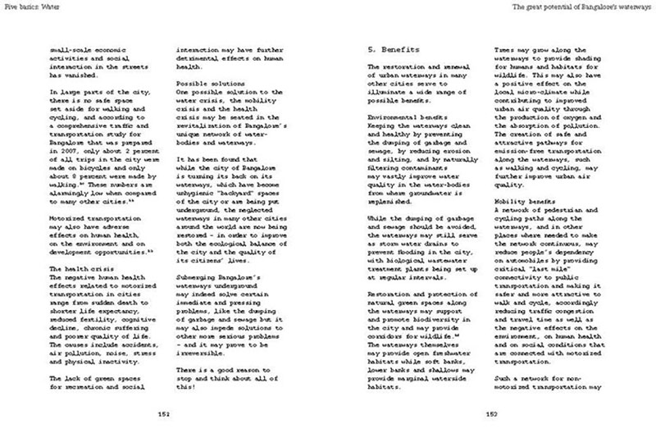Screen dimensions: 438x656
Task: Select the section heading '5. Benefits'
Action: tap(392, 48)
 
